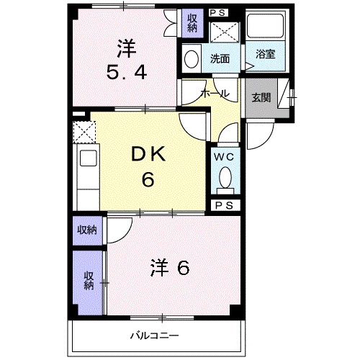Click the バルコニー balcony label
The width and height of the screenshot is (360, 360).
click(154, 335)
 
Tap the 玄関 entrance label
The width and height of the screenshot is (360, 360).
click(261, 98)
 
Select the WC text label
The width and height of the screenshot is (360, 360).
click(224, 155)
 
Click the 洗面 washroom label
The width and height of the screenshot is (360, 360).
click(220, 59)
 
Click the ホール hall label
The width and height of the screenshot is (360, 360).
click(215, 94)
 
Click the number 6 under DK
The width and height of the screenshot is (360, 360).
click(148, 179)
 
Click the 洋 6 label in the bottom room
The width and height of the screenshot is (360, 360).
click(170, 268)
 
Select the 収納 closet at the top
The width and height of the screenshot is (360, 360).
click(192, 23)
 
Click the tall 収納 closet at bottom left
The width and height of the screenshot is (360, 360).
click(88, 281)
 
